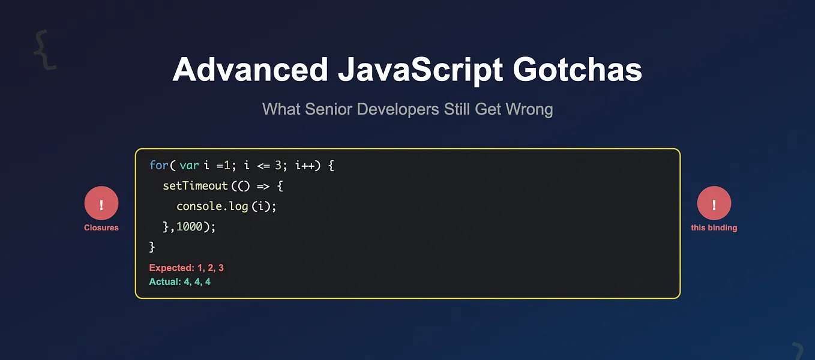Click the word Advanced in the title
pos(250,70)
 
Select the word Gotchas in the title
pos(577,70)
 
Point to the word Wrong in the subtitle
pos(529,109)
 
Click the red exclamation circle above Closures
pos(101,203)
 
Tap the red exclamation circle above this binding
pos(714,203)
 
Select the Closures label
pos(101,228)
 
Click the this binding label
pos(714,228)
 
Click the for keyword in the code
pos(159,165)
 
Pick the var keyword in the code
pos(189,165)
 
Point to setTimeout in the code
pos(195,186)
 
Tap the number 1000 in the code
pos(190,227)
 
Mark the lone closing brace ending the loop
pos(152,247)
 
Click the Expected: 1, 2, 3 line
pos(186,268)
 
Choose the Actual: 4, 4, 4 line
pos(179,281)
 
